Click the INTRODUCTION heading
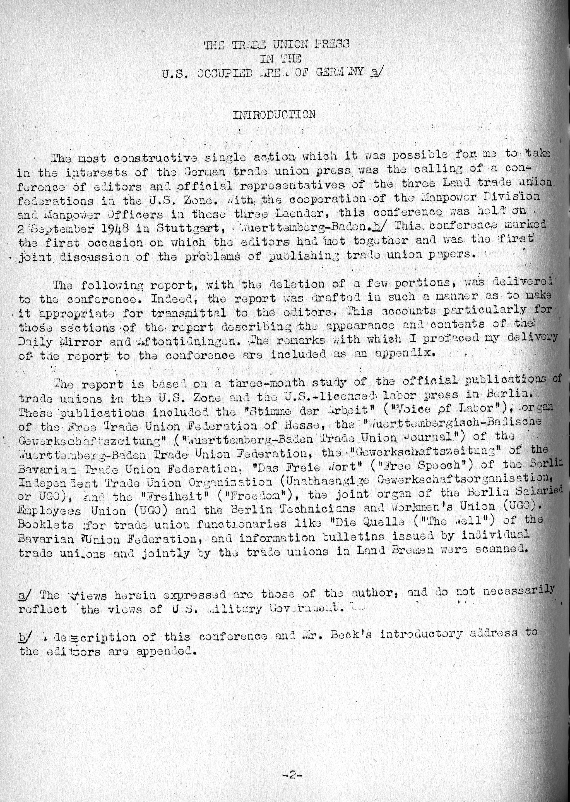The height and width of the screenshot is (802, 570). point(274,114)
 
